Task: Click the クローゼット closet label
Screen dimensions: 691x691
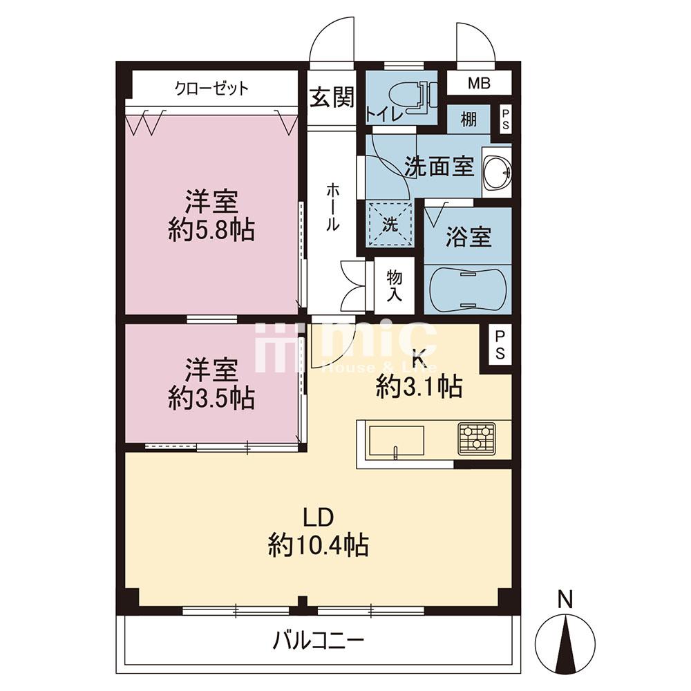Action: point(211,88)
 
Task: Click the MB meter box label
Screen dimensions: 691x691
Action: point(478,84)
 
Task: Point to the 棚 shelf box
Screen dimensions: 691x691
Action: point(468,120)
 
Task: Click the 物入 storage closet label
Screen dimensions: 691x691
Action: point(394,285)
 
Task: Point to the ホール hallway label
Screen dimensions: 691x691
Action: point(332,206)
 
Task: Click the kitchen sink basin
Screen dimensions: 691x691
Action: point(396,441)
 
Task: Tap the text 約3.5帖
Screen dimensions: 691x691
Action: point(211,399)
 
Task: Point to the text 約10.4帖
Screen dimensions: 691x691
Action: point(318,547)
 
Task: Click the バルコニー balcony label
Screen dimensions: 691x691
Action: point(318,640)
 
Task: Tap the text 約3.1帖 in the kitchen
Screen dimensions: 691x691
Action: point(419,388)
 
